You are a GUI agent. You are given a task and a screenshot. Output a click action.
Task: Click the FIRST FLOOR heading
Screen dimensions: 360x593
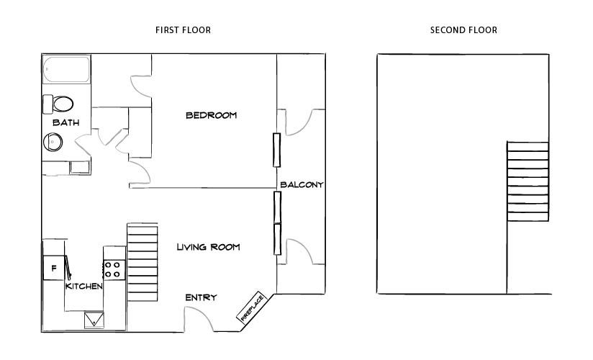click(183, 30)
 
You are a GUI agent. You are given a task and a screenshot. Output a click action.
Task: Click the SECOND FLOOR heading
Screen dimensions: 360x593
click(463, 30)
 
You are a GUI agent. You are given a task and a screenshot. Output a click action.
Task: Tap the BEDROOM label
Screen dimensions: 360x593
click(211, 115)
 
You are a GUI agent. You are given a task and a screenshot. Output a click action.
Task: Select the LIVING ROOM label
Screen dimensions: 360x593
click(208, 247)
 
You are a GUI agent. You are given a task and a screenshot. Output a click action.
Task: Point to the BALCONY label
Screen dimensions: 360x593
click(302, 185)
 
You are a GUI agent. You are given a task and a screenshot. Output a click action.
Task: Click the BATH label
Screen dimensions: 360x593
click(65, 123)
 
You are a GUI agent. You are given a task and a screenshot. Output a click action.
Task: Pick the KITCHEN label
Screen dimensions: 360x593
click(84, 287)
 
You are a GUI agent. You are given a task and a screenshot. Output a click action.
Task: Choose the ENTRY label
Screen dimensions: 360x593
click(201, 297)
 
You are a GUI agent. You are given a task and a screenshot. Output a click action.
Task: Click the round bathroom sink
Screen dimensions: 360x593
click(54, 142)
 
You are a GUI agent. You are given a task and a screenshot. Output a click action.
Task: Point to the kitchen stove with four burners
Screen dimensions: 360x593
click(113, 269)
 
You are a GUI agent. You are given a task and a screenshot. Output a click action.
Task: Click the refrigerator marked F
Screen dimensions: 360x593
click(53, 269)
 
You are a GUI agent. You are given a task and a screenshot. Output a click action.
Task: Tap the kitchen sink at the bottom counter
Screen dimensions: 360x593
click(94, 320)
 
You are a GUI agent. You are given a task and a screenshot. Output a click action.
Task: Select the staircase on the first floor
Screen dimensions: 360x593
click(142, 262)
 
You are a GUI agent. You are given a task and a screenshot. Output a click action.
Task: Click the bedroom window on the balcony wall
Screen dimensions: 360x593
click(276, 150)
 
